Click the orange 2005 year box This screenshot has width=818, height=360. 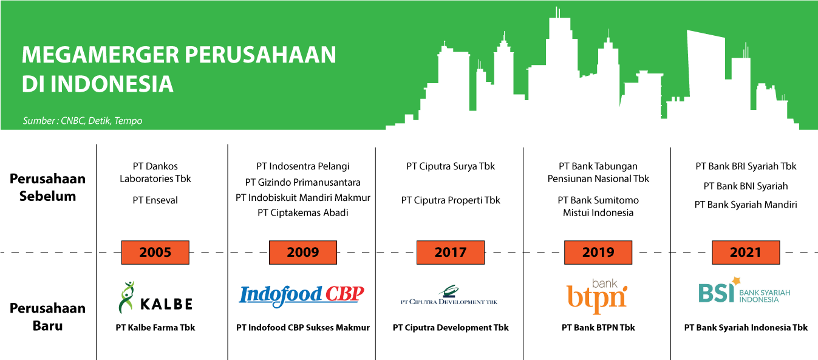point(155,252)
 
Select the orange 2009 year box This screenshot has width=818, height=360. point(302,252)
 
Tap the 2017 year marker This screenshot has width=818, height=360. point(450,252)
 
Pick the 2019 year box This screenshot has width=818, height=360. point(598,252)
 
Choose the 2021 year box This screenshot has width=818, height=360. point(745,252)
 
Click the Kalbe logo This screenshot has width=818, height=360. point(155,298)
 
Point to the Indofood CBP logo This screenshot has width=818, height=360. point(302,295)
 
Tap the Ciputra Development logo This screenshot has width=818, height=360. point(450,296)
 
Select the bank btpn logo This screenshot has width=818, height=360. point(597,294)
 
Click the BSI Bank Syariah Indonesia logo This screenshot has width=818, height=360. point(745,292)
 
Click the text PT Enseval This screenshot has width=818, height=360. point(155,200)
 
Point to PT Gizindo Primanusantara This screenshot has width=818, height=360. point(303,182)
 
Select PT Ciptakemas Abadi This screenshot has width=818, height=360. point(303,212)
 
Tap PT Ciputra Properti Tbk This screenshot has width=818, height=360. point(451,200)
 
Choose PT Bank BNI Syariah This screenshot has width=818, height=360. point(746,186)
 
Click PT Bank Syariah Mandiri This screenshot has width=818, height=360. point(746,205)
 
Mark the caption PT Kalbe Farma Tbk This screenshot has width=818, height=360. point(155,328)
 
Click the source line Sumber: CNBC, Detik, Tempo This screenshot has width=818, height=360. point(83,121)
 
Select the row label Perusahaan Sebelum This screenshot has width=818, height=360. point(47,188)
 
